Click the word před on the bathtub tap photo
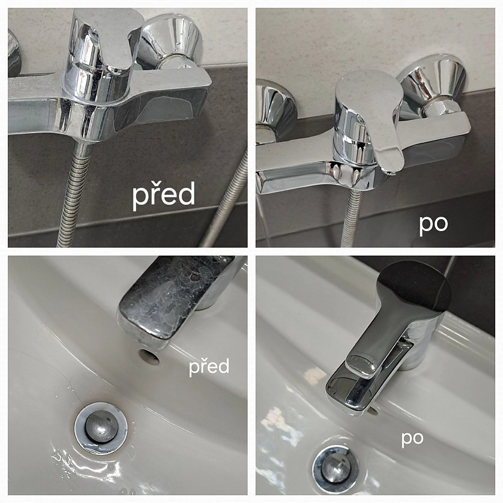164,194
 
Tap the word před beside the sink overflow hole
209,367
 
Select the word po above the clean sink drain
412,439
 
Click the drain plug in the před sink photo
101,428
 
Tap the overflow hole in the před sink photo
149,357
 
